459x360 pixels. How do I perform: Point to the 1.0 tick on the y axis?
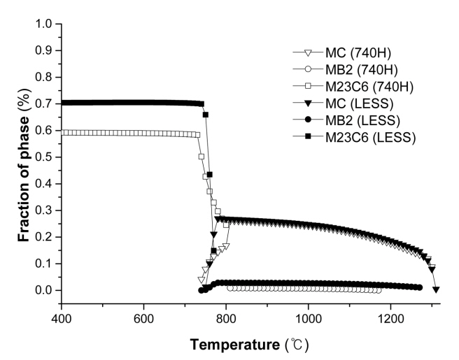point(45,24)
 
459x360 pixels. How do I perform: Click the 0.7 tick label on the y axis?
point(45,103)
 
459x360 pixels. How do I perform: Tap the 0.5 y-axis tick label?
point(45,157)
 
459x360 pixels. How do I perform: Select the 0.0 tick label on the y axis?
point(45,290)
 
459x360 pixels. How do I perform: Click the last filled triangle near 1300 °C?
point(436,289)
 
